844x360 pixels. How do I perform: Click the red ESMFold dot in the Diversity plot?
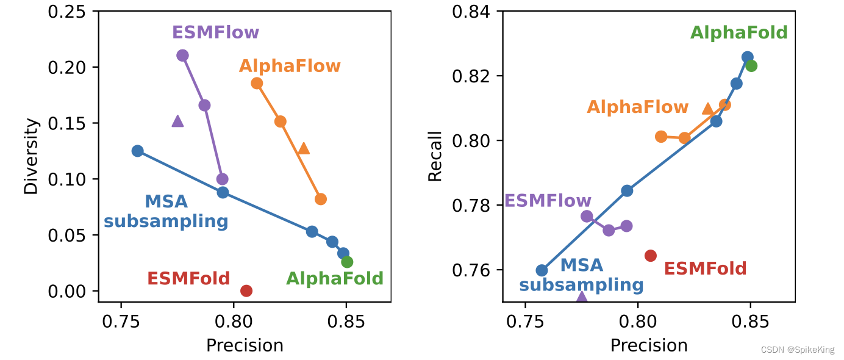(246, 290)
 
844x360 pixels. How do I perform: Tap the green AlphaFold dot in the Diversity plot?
(347, 262)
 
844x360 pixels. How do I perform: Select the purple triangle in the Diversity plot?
(177, 121)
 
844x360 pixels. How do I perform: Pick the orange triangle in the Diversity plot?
(304, 148)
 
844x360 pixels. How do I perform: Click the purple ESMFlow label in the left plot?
(215, 32)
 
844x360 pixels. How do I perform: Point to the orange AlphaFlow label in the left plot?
(290, 66)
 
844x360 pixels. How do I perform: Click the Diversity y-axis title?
(30, 157)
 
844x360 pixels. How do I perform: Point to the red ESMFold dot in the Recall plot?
(651, 255)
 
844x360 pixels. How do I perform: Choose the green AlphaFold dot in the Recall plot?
(751, 66)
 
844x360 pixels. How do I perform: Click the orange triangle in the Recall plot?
(707, 109)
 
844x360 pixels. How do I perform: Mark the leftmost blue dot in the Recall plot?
(542, 270)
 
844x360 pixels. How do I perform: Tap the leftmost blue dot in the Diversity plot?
(138, 151)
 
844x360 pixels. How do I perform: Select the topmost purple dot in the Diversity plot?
(182, 56)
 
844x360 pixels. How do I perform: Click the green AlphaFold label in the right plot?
(738, 33)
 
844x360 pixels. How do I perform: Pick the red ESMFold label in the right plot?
(705, 268)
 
